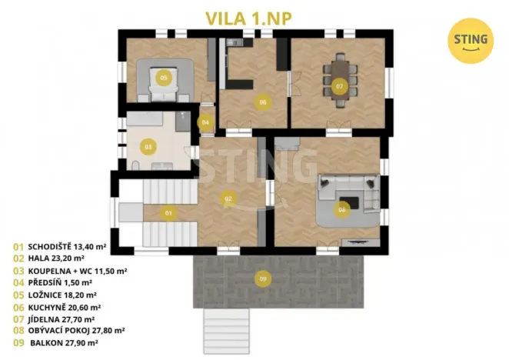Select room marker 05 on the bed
163,78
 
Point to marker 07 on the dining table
339,86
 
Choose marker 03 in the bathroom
148,146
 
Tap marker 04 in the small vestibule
205,122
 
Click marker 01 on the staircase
168,212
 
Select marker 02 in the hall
228,198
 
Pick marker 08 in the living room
342,208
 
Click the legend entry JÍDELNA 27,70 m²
62,318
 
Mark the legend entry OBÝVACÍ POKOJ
74,330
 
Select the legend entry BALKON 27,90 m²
63,342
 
